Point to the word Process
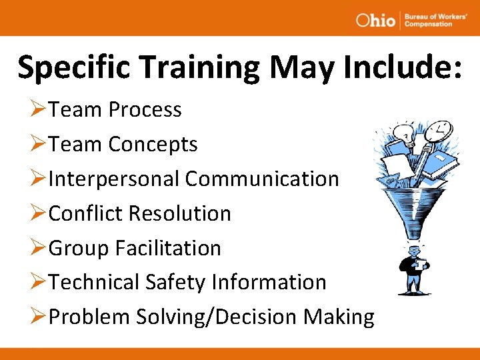[145, 109]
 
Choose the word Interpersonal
[114, 179]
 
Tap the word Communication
[262, 179]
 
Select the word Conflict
[86, 213]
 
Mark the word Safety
[175, 282]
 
